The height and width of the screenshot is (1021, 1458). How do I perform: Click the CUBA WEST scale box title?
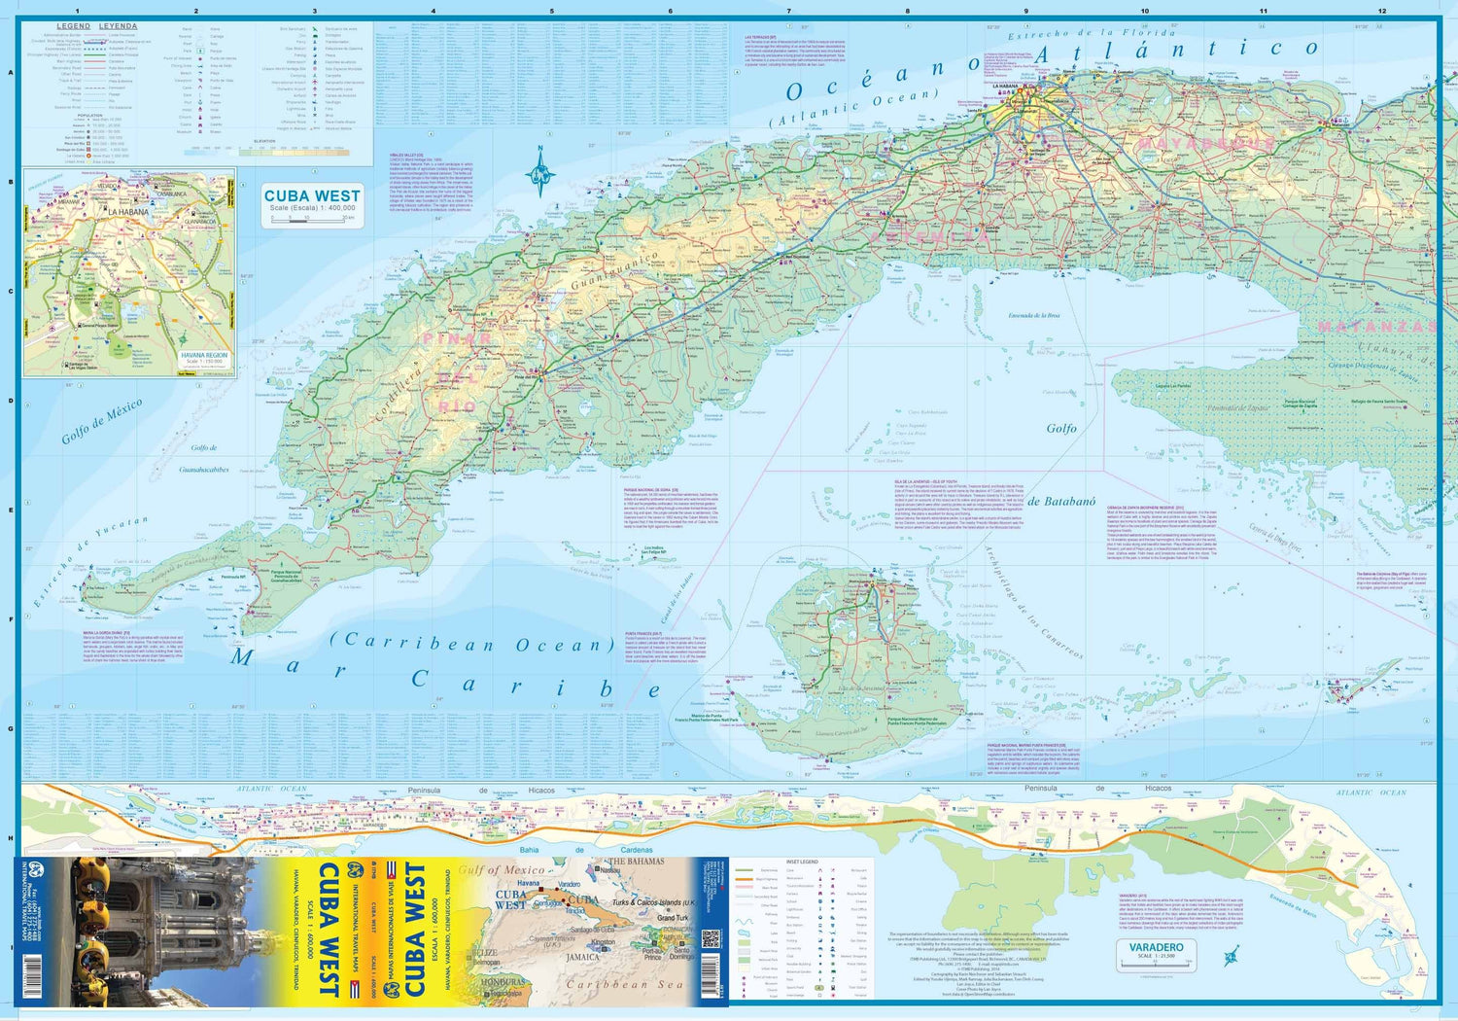[312, 195]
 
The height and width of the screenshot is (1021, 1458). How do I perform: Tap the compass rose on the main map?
[540, 175]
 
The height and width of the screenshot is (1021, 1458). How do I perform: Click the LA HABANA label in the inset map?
[128, 212]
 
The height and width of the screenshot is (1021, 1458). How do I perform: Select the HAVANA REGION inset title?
[205, 355]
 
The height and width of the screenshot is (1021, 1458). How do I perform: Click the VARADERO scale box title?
[1156, 947]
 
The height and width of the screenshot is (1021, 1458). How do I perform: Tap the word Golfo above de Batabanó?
[1061, 428]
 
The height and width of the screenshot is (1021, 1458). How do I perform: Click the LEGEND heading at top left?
[74, 26]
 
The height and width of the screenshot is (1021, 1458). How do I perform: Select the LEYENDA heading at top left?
[119, 26]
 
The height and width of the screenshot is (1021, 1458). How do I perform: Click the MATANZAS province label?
[1376, 328]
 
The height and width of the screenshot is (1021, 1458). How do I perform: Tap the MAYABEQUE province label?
[1205, 144]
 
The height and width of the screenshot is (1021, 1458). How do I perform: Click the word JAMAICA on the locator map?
[582, 957]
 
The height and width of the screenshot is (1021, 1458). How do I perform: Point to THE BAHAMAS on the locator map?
[637, 862]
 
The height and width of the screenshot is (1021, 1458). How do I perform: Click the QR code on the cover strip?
[710, 939]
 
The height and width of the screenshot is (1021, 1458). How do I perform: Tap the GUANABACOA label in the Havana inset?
[199, 222]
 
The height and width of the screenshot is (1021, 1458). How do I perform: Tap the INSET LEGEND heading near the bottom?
[802, 862]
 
